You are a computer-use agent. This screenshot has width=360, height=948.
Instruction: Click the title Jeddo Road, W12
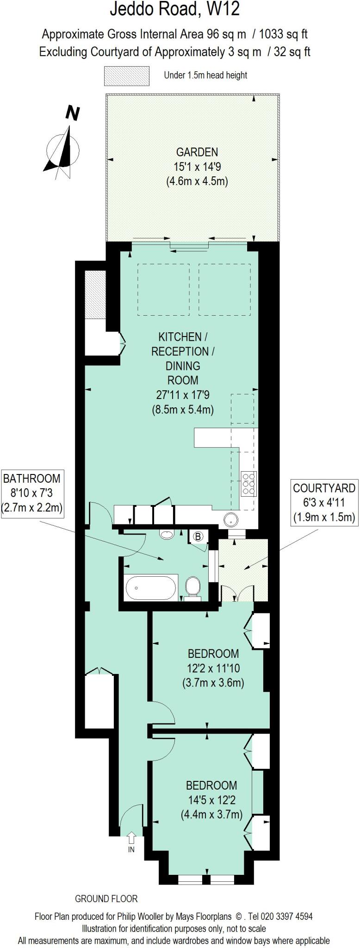tap(174, 9)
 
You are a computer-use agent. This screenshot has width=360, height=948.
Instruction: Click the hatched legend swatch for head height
tap(126, 76)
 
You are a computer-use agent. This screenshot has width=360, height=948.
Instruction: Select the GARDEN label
tap(197, 152)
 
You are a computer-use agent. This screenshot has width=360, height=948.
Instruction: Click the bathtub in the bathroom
tap(151, 587)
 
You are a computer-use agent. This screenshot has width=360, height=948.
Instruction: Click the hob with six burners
tap(248, 483)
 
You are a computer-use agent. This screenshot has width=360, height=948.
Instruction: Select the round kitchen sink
tap(230, 520)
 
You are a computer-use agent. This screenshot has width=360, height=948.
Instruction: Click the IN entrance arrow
tap(131, 837)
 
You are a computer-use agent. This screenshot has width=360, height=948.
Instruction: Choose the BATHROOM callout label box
tap(32, 493)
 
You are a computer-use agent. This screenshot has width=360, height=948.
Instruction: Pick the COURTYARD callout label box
tap(324, 502)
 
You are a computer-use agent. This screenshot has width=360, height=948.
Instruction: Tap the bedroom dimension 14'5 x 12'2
tap(211, 799)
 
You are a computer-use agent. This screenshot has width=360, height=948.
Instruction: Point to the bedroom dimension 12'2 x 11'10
tap(213, 667)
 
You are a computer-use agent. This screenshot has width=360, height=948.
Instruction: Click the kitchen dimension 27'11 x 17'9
tap(183, 395)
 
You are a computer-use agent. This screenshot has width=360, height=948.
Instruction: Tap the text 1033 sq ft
tap(284, 34)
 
